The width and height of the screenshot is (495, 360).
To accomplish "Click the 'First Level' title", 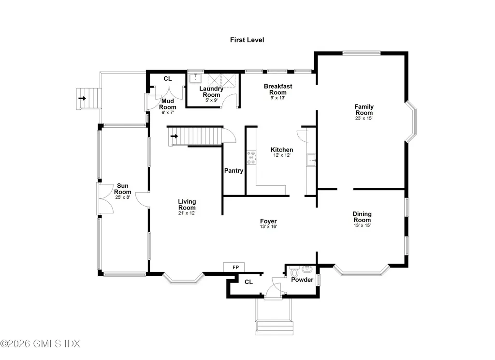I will pyautogui.click(x=247, y=40).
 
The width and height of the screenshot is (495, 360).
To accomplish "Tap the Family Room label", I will pyautogui.click(x=364, y=107).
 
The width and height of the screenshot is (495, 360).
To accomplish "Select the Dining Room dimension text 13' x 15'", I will pyautogui.click(x=362, y=225).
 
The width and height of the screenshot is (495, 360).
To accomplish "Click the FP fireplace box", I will pyautogui.click(x=234, y=267).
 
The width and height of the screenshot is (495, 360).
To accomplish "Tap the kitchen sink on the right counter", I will pyautogui.click(x=311, y=159).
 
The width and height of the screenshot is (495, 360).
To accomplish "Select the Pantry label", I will pyautogui.click(x=233, y=171).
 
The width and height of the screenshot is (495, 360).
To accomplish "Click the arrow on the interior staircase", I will pyautogui.click(x=174, y=136).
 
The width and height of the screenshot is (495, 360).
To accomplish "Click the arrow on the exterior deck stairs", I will pyautogui.click(x=82, y=99).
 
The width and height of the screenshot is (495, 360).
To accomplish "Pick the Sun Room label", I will pyautogui.click(x=123, y=189).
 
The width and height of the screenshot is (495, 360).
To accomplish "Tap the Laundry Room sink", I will pyautogui.click(x=195, y=78).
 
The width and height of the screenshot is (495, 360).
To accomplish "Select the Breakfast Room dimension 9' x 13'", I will pyautogui.click(x=278, y=98).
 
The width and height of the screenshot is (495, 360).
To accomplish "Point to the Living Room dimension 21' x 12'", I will pyautogui.click(x=187, y=213).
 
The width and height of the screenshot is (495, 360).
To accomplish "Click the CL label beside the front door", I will pyautogui.click(x=248, y=282).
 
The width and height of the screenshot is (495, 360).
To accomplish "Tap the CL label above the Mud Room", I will pyautogui.click(x=167, y=78).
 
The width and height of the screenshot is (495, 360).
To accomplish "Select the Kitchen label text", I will pyautogui.click(x=281, y=150).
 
